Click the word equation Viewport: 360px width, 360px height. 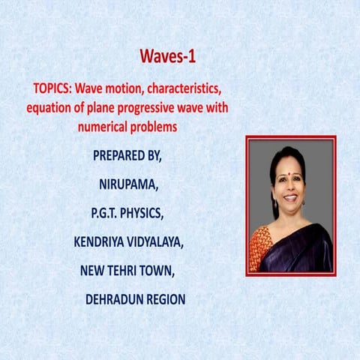[x=50, y=107]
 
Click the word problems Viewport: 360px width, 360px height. [x=154, y=127]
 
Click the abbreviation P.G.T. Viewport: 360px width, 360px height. [x=106, y=213]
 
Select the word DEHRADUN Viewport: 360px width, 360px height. [x=114, y=299]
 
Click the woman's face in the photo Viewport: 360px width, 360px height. [x=289, y=184]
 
